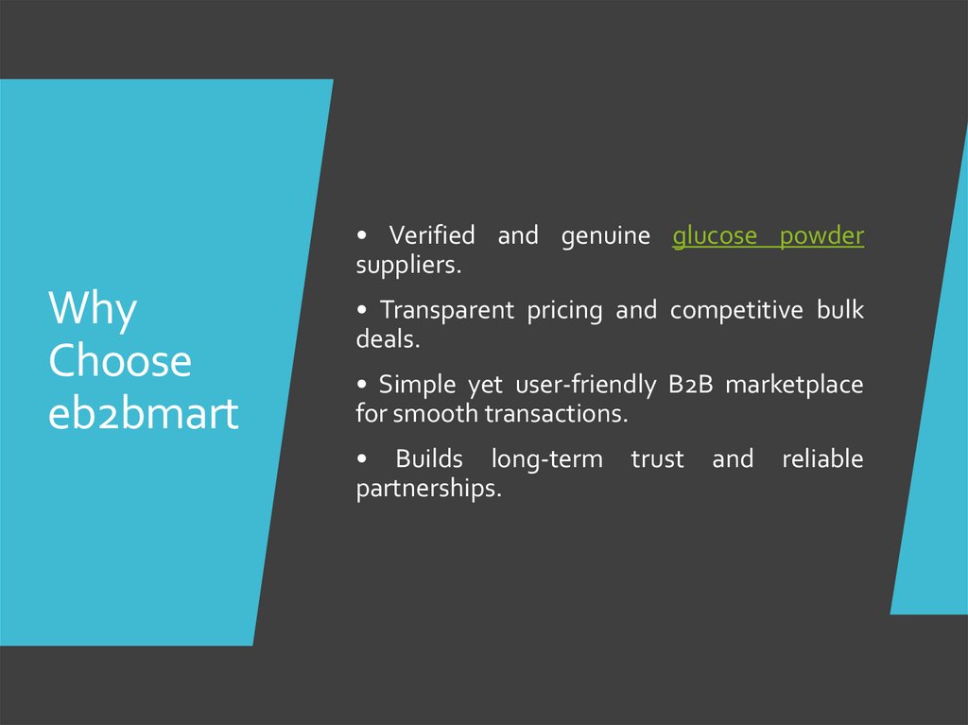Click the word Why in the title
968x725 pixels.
tap(93, 309)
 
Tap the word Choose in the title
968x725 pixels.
tap(119, 361)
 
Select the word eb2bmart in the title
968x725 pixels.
tap(143, 414)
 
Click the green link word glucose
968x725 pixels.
tap(714, 236)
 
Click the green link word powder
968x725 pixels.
tap(821, 236)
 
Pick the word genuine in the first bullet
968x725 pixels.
tap(605, 236)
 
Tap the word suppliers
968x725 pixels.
tap(408, 266)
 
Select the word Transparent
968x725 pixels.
tap(447, 310)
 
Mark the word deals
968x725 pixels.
tap(387, 339)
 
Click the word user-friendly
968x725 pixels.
tap(592, 385)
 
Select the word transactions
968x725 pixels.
tap(557, 414)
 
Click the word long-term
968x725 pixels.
tap(545, 459)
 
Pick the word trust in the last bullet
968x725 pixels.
tap(657, 459)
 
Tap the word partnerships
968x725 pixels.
tap(427, 490)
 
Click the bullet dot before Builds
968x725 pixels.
tap(361, 460)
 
